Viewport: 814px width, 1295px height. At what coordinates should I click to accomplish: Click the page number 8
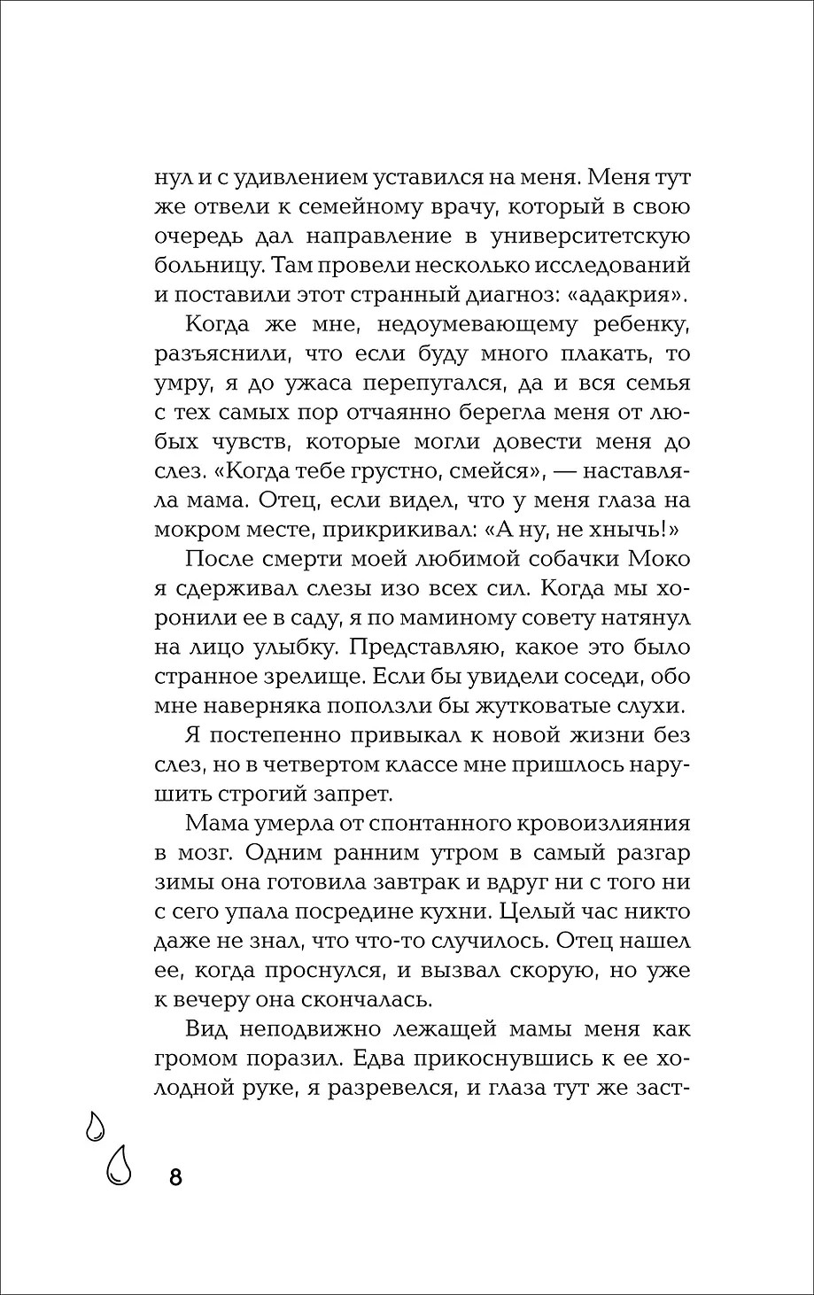tap(175, 1177)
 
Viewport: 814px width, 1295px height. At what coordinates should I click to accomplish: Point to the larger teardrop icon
tap(118, 1164)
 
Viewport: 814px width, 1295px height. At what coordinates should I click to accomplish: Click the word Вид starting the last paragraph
tap(207, 1030)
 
